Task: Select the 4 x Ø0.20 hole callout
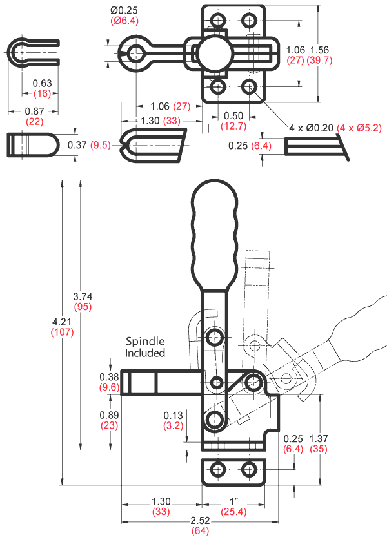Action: [311, 128]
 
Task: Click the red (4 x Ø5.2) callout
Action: [361, 128]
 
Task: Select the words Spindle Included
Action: [145, 347]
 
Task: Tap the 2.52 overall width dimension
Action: [200, 521]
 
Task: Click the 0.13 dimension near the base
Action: [172, 415]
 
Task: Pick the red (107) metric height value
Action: [62, 333]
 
